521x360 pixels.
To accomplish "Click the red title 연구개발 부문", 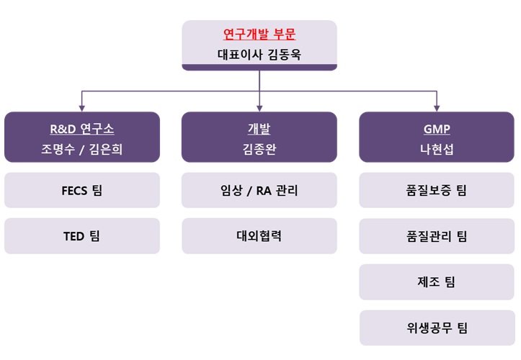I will (x=259, y=34).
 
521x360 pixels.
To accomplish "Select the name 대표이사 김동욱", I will (x=259, y=54).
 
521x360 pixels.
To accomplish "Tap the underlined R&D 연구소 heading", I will (x=81, y=130).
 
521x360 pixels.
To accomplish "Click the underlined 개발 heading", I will (x=259, y=130).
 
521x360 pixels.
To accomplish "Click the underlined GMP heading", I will (x=437, y=130).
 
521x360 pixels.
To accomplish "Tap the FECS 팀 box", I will (x=81, y=191).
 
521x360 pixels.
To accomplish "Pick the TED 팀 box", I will (x=81, y=236).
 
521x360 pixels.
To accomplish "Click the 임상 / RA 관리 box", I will (x=259, y=191).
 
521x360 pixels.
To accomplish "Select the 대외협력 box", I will (x=259, y=236).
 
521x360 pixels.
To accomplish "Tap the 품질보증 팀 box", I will (x=437, y=191).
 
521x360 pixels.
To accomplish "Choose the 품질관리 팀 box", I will (x=437, y=236).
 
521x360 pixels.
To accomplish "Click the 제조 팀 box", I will (x=437, y=282).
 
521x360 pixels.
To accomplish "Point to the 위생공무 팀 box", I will (x=437, y=328).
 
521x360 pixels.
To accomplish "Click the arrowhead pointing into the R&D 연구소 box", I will (x=81, y=108).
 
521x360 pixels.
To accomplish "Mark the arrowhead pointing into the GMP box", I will (x=437, y=108).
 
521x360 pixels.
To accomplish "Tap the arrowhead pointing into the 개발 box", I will (x=259, y=108).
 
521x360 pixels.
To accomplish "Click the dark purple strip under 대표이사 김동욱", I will (x=259, y=67).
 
